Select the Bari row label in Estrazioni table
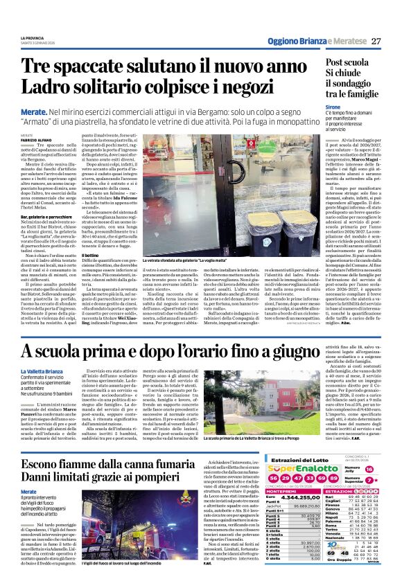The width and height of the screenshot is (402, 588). click(x=331, y=516)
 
